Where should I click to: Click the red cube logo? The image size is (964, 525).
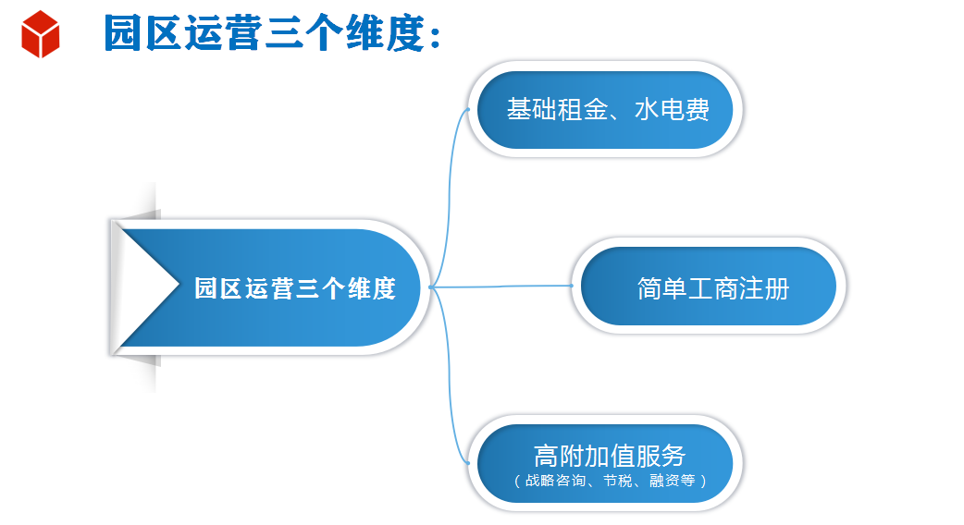(x=41, y=34)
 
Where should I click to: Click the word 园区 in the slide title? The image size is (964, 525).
(x=143, y=33)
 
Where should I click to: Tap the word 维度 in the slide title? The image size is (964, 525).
(x=386, y=33)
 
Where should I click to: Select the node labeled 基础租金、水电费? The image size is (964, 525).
(x=605, y=110)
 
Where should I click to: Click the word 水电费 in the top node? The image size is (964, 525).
(x=672, y=110)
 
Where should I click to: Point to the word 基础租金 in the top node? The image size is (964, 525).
(x=558, y=110)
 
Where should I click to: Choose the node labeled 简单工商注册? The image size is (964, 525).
(x=709, y=287)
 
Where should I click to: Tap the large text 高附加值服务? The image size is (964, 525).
(x=610, y=456)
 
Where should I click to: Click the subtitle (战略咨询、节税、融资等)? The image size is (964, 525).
(x=610, y=481)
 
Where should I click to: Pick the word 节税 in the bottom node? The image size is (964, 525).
(x=618, y=481)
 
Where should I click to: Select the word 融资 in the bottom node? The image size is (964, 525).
(x=664, y=481)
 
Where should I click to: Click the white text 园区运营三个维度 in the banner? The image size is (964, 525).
(x=295, y=288)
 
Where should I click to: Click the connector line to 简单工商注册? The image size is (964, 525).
(x=501, y=287)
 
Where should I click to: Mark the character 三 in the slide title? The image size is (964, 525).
(x=285, y=33)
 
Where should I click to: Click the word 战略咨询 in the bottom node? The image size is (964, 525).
(x=556, y=481)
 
